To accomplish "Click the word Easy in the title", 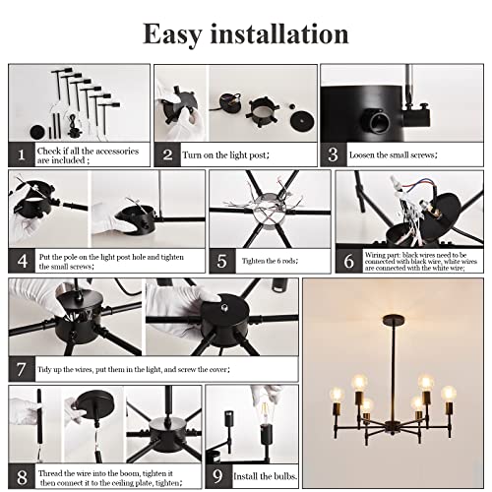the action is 172,34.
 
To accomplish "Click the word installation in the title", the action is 279,33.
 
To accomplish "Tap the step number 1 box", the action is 22,154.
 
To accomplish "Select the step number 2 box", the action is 167,154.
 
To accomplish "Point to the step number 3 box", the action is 334,154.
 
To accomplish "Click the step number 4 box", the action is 22,261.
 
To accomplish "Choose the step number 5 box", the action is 222,261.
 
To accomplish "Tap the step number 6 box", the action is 348,261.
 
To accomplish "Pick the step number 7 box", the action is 22,369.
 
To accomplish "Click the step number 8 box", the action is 22,476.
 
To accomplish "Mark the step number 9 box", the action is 218,476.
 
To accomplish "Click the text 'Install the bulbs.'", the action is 266,476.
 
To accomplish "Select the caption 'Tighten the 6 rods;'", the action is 270,261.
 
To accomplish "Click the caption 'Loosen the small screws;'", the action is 393,154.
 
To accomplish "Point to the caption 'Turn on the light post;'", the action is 225,154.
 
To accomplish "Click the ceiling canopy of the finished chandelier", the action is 394,320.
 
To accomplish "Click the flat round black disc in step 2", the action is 302,121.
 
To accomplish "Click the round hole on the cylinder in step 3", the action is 379,120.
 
